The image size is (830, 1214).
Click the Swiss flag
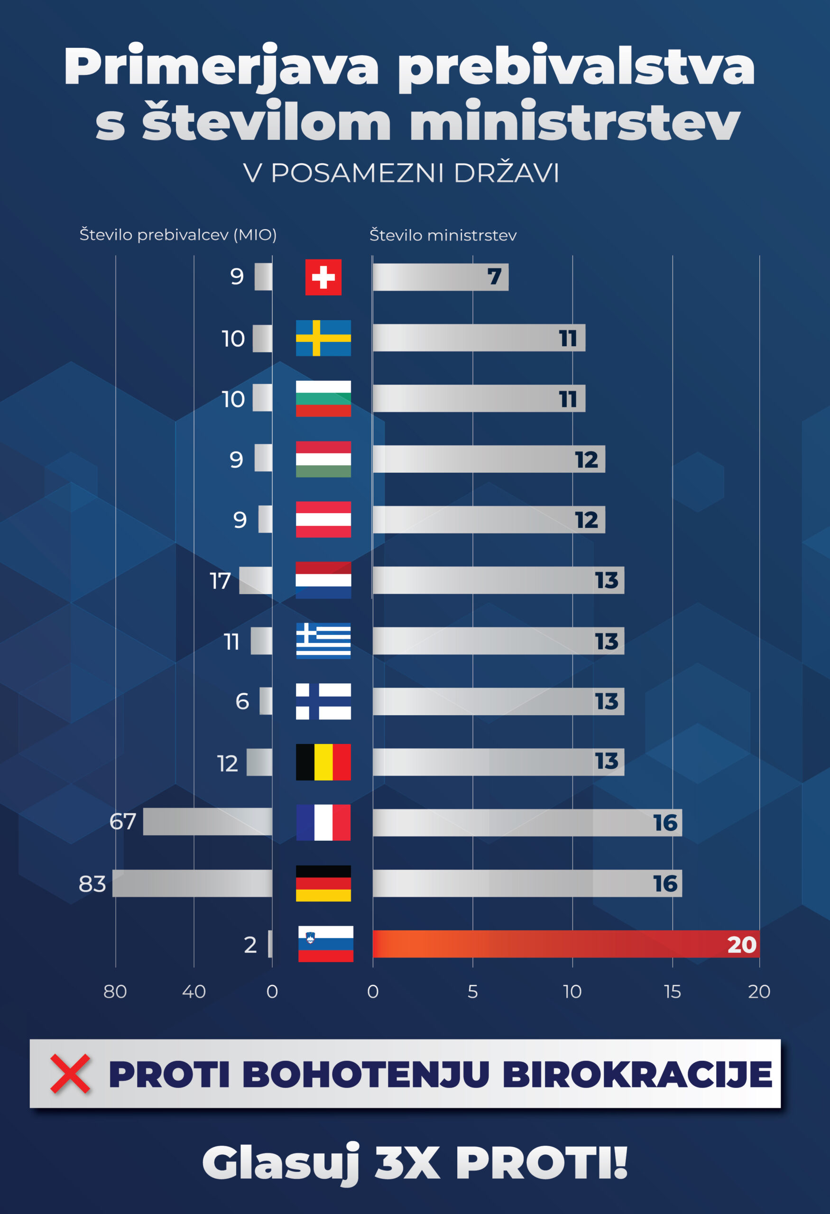coord(323,277)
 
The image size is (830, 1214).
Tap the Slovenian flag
coord(325,944)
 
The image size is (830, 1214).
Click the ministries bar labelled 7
coord(440,277)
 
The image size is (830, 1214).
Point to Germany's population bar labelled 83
coord(192,883)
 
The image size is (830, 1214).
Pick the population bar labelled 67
coord(207,822)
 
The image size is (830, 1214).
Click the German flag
coord(323,883)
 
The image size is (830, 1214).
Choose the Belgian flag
coord(323,762)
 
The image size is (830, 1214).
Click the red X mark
coord(70,1074)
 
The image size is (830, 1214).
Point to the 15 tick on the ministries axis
coord(672,992)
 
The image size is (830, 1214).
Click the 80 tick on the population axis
coord(115,992)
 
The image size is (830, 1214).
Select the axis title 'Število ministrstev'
coord(443,236)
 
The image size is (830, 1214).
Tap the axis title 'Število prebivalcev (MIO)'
coord(178,235)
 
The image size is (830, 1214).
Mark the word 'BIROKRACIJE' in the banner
coord(637,1075)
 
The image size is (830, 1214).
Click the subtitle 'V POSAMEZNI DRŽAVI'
coord(401,173)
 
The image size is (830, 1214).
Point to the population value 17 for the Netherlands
coord(220,581)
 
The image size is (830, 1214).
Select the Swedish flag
coord(323,338)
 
